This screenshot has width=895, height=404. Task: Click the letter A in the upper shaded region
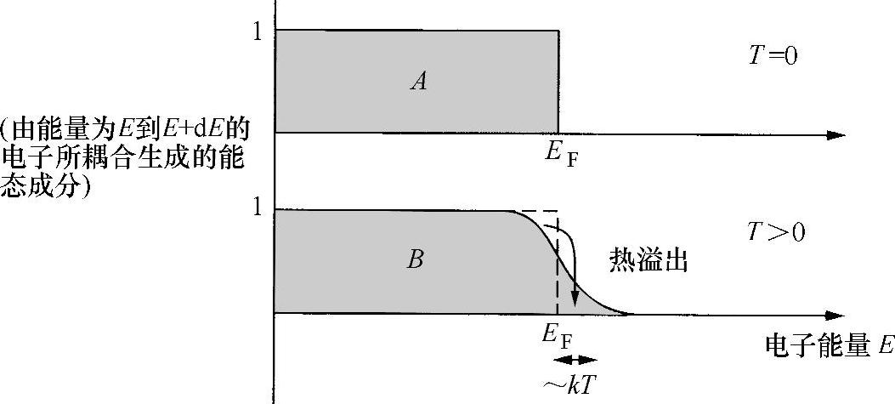[x=417, y=81]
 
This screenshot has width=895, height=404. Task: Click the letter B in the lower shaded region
[x=416, y=259]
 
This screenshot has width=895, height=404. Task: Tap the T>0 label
[x=774, y=231]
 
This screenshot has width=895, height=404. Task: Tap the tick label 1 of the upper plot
[x=257, y=31]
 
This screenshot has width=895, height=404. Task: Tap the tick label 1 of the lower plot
[x=257, y=209]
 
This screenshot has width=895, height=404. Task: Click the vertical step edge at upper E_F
[x=558, y=81]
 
